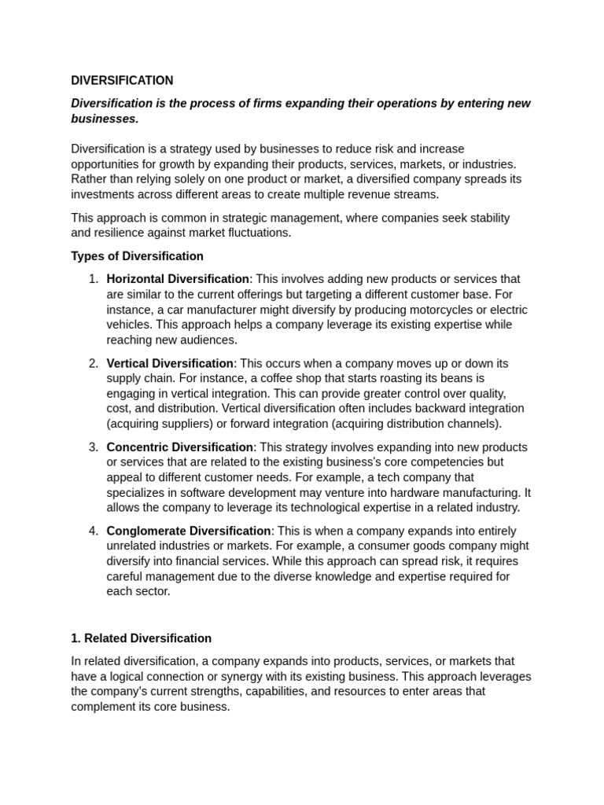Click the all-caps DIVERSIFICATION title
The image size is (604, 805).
point(122,80)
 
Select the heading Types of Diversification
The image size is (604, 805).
point(137,256)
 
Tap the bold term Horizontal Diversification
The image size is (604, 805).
point(178,279)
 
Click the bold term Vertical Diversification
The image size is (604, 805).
point(170,363)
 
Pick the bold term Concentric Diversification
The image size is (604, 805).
point(179,447)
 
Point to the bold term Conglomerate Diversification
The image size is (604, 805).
point(189,531)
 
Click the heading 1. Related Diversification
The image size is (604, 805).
point(141,638)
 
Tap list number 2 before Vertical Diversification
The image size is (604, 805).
point(93,363)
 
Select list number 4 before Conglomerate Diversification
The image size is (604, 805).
point(93,531)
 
